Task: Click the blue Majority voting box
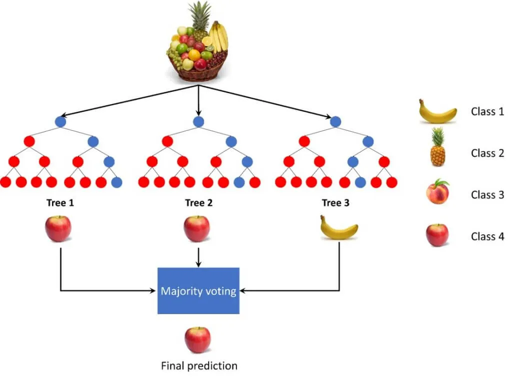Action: [x=198, y=291]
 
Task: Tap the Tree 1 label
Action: [x=60, y=203]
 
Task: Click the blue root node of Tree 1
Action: [x=60, y=121]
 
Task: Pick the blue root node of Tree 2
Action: [x=198, y=121]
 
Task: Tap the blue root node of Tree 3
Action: [x=335, y=121]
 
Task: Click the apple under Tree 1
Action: [x=58, y=229]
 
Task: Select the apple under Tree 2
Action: [x=196, y=229]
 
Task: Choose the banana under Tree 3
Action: [x=339, y=229]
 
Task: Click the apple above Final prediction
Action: [x=197, y=340]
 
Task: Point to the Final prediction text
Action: [x=199, y=366]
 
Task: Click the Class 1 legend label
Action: [x=487, y=111]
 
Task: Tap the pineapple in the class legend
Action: [x=437, y=147]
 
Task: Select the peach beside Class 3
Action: [x=437, y=192]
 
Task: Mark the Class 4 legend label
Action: [x=487, y=237]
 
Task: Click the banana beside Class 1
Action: [x=437, y=113]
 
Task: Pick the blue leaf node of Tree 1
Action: [x=116, y=182]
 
